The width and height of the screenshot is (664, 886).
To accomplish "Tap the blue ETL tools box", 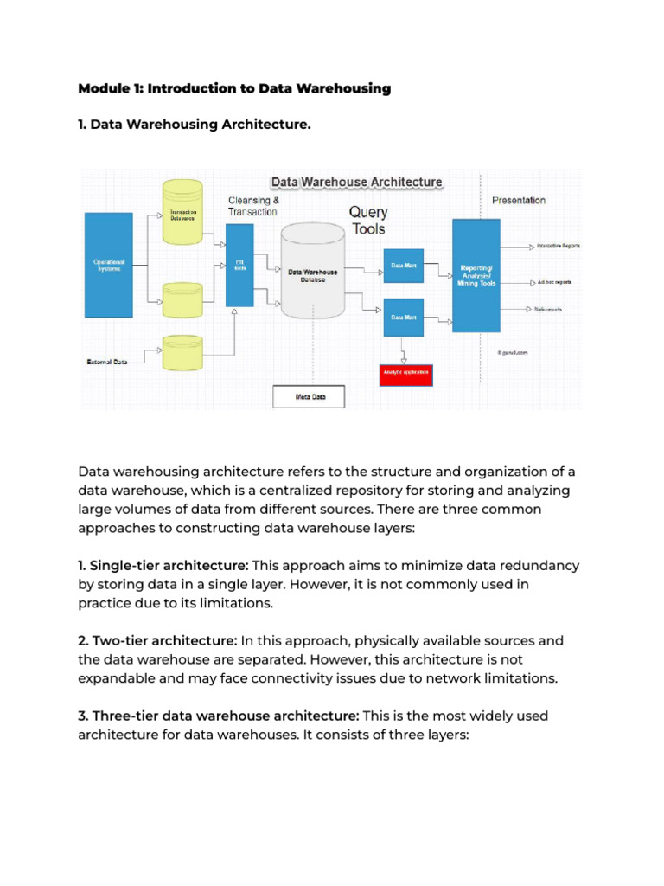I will pos(239,264).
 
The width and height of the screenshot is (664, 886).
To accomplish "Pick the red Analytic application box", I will pos(405,375).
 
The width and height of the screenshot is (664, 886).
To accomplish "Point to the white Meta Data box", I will pos(309,396).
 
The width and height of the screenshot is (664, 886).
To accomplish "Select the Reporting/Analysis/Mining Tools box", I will pos(476,275).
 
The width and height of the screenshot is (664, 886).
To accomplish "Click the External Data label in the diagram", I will pos(107,362).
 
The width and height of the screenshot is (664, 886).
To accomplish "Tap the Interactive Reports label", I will pos(558,246).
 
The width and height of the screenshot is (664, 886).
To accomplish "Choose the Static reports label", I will pos(548,309).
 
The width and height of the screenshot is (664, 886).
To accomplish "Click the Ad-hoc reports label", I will pos(553,282).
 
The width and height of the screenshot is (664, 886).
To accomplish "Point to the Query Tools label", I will pos(368,221).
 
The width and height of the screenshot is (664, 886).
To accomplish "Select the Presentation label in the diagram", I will pos(519,200).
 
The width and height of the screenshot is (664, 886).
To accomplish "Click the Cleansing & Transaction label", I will pos(253,206).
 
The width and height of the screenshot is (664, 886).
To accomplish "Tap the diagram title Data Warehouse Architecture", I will pos(356,182).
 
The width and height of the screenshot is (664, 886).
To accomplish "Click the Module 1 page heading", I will pos(234,88).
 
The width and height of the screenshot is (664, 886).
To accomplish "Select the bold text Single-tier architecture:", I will pos(163,565).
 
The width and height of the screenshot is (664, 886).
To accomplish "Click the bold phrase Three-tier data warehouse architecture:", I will pos(219,716).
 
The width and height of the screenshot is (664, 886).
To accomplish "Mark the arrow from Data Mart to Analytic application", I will pos(404,350).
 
